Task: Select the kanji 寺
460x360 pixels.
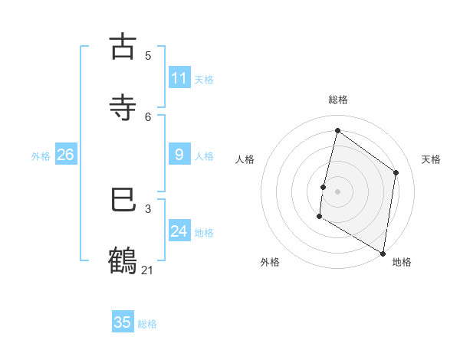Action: (x=123, y=106)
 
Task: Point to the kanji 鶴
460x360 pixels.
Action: (x=123, y=260)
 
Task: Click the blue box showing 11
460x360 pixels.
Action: (x=179, y=78)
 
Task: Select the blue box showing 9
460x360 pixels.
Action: (x=179, y=155)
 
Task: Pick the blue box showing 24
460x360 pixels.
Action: (x=179, y=231)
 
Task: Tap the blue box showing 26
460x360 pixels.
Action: (x=65, y=155)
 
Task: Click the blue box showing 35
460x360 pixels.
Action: (x=123, y=322)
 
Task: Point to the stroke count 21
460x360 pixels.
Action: (x=148, y=270)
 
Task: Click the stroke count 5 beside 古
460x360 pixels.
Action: (x=148, y=55)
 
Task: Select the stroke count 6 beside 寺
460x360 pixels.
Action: (x=148, y=116)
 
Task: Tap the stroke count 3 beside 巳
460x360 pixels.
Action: (x=148, y=208)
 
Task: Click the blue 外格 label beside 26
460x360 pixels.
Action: (x=41, y=156)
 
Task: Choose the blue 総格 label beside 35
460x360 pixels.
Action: (x=147, y=324)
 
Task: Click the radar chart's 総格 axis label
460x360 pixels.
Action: (x=338, y=100)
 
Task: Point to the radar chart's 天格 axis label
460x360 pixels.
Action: (x=432, y=159)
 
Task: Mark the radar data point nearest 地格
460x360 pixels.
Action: (x=383, y=253)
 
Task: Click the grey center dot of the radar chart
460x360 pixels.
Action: (x=337, y=191)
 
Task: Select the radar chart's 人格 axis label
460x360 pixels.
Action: (x=245, y=159)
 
